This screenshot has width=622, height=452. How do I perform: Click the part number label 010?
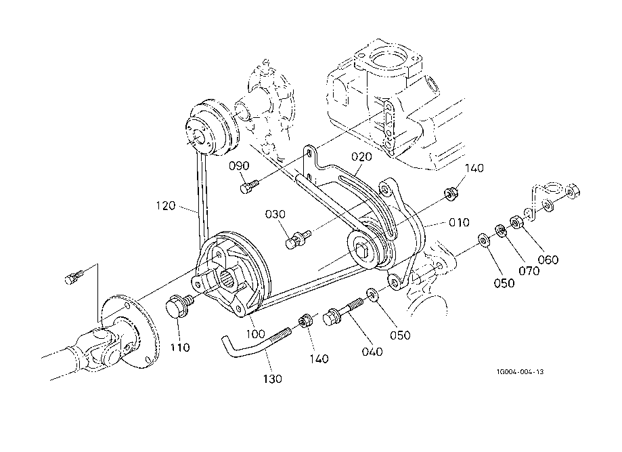(x=459, y=222)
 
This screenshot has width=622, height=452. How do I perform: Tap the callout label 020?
(x=361, y=157)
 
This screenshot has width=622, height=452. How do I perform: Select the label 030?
(x=275, y=215)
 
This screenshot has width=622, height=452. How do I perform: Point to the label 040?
(x=372, y=352)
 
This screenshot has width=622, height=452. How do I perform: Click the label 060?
(x=548, y=260)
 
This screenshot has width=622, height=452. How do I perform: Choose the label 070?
(x=529, y=271)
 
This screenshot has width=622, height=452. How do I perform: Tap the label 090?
(x=239, y=165)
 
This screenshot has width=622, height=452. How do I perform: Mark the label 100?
(x=255, y=333)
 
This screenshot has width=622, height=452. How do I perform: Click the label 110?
(x=180, y=348)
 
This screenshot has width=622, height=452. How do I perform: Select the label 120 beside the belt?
(x=165, y=206)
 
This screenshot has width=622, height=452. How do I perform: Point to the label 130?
(x=273, y=379)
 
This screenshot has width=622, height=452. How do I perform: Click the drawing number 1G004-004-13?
(x=520, y=372)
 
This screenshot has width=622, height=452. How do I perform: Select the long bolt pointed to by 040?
(x=343, y=312)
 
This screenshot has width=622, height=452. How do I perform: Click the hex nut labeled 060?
(x=516, y=222)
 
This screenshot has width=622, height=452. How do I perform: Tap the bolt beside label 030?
(x=298, y=239)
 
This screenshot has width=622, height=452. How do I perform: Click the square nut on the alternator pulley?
(x=363, y=251)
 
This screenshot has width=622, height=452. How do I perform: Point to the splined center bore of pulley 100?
(x=227, y=277)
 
